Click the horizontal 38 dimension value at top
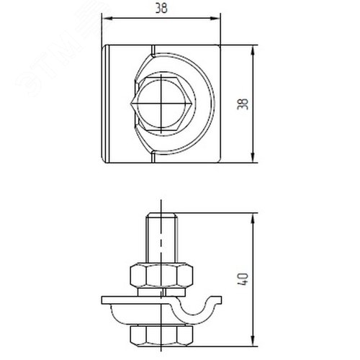[161, 9]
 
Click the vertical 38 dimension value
[243, 104]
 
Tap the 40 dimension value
[243, 279]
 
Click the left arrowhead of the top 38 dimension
[107, 18]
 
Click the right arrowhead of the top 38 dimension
[215, 18]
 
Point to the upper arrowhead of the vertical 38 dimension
[253, 50]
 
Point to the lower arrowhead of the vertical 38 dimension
[253, 158]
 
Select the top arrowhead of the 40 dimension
[253, 218]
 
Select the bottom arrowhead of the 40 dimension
[253, 341]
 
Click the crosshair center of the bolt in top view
[161, 104]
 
